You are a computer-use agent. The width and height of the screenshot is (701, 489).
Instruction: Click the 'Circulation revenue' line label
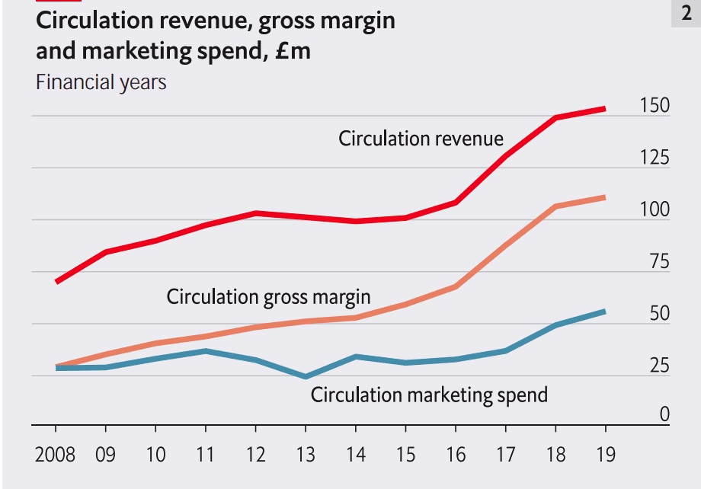[421, 139]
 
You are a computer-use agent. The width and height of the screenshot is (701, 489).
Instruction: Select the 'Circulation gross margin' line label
[268, 296]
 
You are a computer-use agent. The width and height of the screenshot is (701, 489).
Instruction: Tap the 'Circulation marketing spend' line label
[429, 395]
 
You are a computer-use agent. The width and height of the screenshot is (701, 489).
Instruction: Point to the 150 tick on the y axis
[655, 105]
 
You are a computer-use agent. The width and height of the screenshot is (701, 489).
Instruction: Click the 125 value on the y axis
[655, 158]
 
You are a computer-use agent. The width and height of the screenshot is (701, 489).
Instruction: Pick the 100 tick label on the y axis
[655, 209]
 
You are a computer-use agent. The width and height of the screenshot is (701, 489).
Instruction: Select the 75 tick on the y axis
[659, 262]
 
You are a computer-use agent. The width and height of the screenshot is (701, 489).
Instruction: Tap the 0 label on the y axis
[664, 414]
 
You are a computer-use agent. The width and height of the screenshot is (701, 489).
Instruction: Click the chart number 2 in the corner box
[686, 14]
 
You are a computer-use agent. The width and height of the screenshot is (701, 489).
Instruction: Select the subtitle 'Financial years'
[101, 81]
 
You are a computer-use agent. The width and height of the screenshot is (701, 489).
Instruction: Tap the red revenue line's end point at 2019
[605, 109]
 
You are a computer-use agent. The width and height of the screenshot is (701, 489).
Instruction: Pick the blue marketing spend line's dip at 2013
[306, 376]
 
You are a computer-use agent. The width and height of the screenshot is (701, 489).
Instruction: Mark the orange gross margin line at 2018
[555, 206]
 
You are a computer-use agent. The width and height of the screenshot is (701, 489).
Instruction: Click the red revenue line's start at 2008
[56, 282]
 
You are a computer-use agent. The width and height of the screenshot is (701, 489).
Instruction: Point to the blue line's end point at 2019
[605, 311]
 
